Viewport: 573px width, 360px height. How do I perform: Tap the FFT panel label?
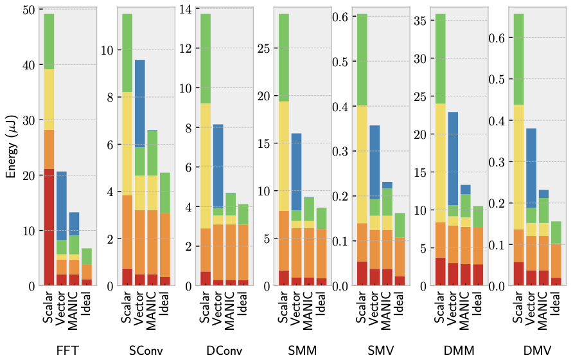click(67, 350)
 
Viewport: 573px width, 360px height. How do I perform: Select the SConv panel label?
click(146, 350)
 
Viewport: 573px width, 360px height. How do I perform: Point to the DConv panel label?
click(225, 350)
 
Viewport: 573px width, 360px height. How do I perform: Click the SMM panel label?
click(298, 350)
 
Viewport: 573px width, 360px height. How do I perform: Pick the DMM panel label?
click(459, 350)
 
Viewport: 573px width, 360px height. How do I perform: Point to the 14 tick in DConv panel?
click(189, 10)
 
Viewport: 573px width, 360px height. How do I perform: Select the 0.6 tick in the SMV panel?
click(340, 17)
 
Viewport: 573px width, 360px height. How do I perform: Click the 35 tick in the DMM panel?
click(419, 21)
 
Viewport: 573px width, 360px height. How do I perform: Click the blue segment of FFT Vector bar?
click(62, 206)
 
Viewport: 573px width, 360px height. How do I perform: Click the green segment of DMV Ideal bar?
click(556, 232)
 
